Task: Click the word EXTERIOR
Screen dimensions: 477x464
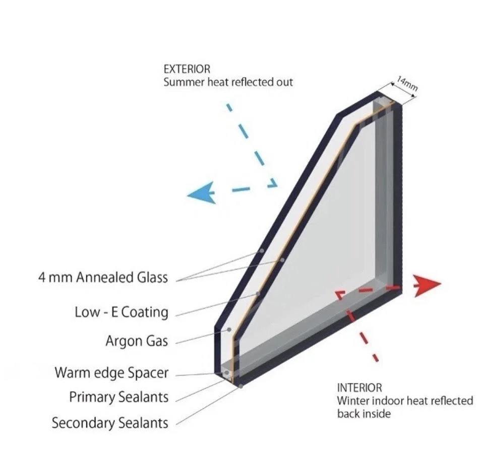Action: (x=187, y=69)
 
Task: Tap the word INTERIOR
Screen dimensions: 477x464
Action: (x=359, y=388)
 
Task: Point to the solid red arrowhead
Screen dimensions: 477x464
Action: (x=428, y=284)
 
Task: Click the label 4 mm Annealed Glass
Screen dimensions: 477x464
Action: (x=103, y=278)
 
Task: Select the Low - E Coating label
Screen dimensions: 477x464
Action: (x=121, y=312)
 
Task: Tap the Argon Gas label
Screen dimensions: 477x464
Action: (x=136, y=341)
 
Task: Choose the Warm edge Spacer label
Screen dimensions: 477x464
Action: (x=111, y=373)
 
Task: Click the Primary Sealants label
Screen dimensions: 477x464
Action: (x=118, y=397)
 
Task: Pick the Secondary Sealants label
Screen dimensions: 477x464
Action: (x=110, y=423)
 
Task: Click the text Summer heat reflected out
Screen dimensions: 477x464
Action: (x=228, y=82)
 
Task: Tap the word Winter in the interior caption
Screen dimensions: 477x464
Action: (x=352, y=401)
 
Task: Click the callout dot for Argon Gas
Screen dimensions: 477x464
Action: (x=229, y=329)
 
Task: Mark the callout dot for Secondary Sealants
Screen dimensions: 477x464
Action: (x=242, y=386)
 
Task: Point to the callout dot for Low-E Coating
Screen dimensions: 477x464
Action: (x=258, y=293)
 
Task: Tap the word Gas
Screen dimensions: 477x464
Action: (x=157, y=341)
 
